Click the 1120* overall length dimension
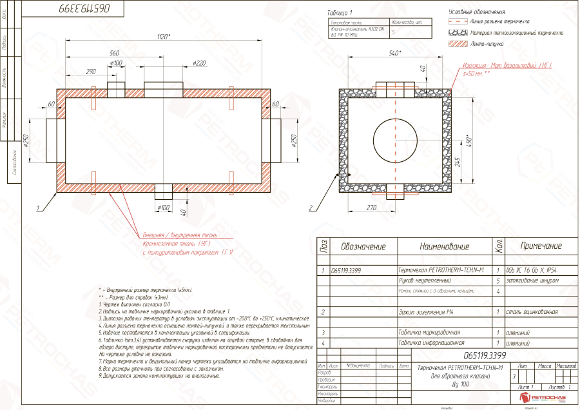(x=164, y=37)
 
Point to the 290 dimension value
(x=91, y=72)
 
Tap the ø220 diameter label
(x=199, y=63)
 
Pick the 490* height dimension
(x=477, y=140)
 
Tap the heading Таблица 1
(x=341, y=12)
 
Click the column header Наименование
(x=445, y=246)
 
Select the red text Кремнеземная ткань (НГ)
(x=176, y=244)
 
